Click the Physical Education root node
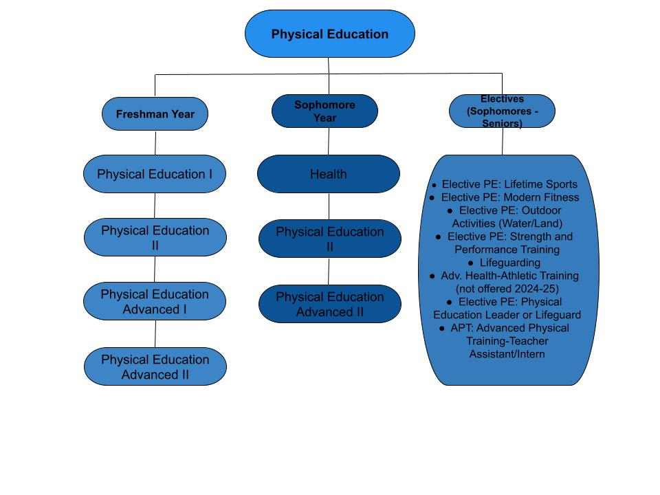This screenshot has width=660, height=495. [330, 34]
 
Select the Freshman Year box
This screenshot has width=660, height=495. [155, 114]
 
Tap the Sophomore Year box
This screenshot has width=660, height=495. [325, 111]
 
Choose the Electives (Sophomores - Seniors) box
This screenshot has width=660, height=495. [502, 111]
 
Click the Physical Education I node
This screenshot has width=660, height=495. [155, 174]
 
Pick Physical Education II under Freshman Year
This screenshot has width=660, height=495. [155, 237]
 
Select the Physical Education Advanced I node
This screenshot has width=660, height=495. [155, 301]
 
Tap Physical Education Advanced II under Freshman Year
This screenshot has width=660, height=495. [155, 366]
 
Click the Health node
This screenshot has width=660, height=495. [328, 174]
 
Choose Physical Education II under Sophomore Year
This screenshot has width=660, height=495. [329, 239]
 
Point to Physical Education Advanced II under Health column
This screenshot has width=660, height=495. [329, 304]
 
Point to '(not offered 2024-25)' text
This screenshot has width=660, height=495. [507, 289]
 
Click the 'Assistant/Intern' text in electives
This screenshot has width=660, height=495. [507, 354]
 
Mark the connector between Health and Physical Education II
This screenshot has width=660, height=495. [329, 206]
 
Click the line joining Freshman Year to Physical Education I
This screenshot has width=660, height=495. [155, 142]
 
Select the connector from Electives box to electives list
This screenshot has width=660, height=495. [502, 141]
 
